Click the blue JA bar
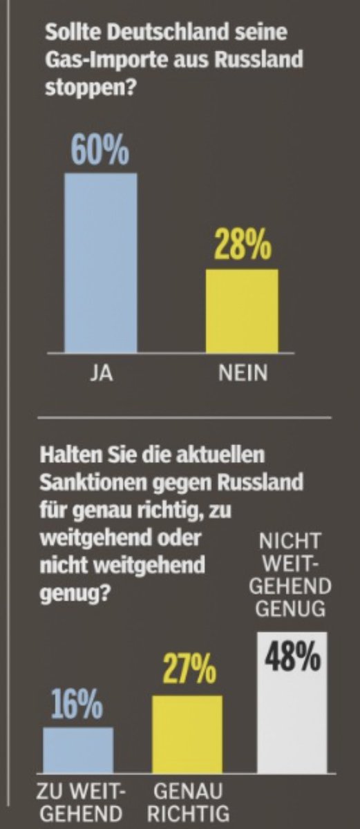click(100, 263)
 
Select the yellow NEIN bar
click(242, 311)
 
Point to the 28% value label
click(242, 247)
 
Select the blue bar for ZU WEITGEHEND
click(77, 750)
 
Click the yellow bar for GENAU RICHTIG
click(187, 734)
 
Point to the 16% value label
click(77, 707)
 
